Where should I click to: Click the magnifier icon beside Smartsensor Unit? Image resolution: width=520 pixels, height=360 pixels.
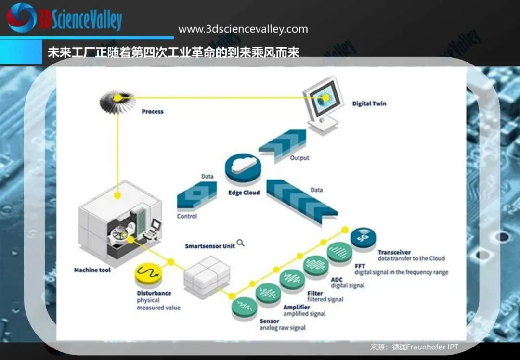240,243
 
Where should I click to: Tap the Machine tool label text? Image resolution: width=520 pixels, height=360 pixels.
92,270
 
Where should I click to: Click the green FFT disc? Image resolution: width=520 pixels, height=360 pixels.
340,252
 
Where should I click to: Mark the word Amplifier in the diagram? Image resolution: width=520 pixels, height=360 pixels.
297,307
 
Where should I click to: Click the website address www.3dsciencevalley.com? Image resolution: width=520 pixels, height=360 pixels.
243,29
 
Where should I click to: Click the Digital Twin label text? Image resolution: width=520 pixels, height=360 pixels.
369,103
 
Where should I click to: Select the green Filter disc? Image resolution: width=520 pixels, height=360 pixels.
292,280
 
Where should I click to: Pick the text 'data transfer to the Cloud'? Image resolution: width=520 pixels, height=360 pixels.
411,258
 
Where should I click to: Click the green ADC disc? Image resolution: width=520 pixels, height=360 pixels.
316,266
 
